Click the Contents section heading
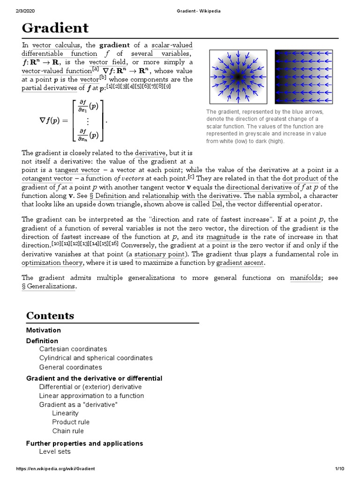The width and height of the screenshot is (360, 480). (50, 315)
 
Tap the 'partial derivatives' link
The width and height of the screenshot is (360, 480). (49, 88)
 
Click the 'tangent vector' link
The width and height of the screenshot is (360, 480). (77, 170)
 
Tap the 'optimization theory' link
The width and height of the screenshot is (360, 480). (52, 263)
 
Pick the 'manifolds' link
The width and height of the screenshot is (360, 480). (306, 278)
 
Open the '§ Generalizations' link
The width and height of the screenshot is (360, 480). (48, 286)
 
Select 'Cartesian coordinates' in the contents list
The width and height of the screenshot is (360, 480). (73, 349)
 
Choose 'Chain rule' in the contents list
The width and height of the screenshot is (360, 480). (68, 431)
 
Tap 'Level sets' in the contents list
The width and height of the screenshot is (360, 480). (55, 451)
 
